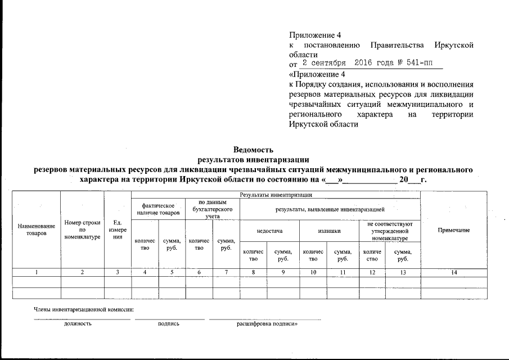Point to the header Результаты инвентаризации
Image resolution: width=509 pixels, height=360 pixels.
(276, 195)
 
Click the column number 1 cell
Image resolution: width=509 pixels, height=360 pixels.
(37, 272)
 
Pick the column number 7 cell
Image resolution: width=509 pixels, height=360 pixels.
(226, 272)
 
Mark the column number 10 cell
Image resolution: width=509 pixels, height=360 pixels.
(313, 272)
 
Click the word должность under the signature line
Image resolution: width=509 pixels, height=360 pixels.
(78, 325)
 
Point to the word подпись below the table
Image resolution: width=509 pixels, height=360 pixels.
(169, 325)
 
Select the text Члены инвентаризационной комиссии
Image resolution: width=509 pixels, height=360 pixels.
(84, 310)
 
